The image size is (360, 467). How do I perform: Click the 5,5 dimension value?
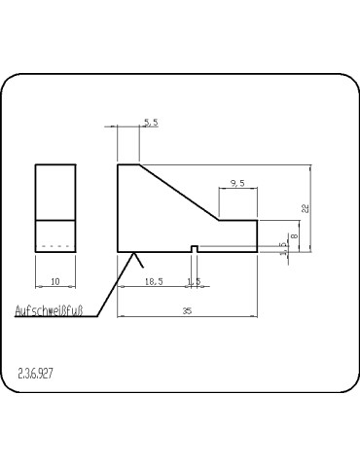(151, 123)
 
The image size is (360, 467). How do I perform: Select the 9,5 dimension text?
(237, 182)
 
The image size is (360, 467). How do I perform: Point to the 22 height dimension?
(306, 208)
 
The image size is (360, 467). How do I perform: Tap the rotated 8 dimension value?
(294, 228)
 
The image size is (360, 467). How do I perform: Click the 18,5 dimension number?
(154, 281)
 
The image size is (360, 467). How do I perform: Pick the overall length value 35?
(187, 310)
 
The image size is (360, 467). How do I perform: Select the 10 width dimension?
(55, 281)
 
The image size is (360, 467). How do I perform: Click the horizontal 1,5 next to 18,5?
(194, 281)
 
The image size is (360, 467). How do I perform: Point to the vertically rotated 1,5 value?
(283, 249)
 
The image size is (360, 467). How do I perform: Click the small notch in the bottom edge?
(196, 248)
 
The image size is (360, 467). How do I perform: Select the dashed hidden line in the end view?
(56, 246)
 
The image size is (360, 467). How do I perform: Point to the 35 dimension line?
(187, 316)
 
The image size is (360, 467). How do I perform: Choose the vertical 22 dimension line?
(311, 208)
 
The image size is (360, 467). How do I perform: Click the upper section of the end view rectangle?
(55, 192)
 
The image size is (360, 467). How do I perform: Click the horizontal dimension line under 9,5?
(237, 189)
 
